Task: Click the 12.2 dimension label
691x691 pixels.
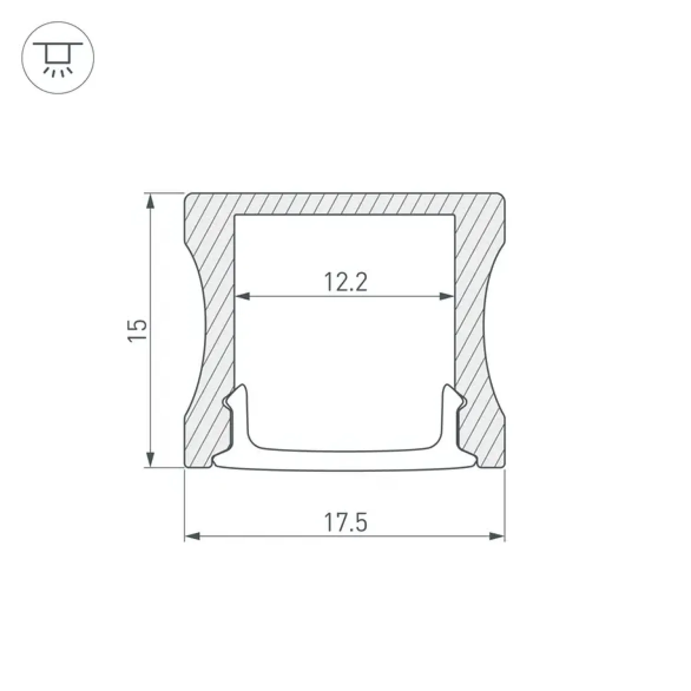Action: pyautogui.click(x=345, y=282)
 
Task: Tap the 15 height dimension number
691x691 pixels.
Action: pyautogui.click(x=138, y=330)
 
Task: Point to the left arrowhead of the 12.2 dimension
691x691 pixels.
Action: pyautogui.click(x=242, y=296)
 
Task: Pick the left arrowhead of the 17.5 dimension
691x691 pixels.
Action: pyautogui.click(x=193, y=536)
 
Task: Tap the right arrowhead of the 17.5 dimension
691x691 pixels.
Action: pyautogui.click(x=497, y=536)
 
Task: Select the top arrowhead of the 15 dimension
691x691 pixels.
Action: pyautogui.click(x=150, y=201)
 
